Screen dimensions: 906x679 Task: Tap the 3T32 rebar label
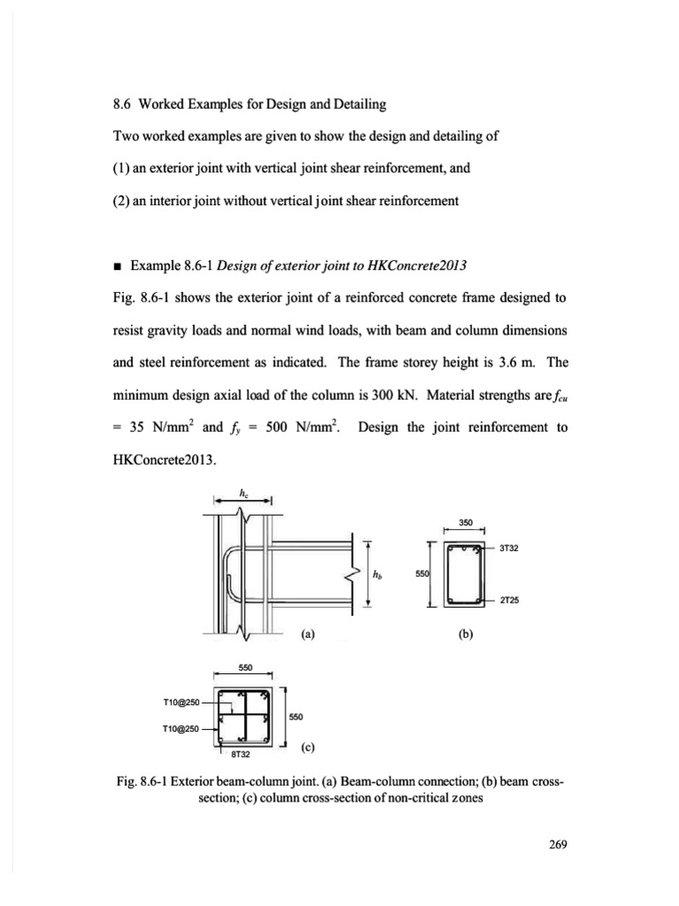[x=508, y=548]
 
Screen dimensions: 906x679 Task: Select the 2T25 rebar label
[x=508, y=599]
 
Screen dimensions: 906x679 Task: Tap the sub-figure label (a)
[x=307, y=633]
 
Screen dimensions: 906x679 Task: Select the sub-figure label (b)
[x=463, y=633]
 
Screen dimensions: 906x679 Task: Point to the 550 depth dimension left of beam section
[x=421, y=573]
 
